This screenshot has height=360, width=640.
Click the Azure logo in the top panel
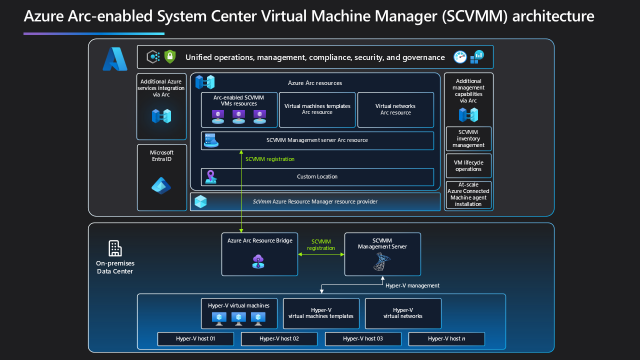[115, 59]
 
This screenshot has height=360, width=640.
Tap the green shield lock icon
[170, 56]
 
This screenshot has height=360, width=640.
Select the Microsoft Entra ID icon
[161, 186]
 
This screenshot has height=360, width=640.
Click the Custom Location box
[317, 177]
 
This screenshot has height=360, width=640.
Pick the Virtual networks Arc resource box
[395, 109]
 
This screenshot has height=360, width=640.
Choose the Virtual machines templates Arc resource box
[317, 109]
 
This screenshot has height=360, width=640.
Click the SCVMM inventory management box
[468, 138]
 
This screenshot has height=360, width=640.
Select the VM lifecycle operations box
[468, 166]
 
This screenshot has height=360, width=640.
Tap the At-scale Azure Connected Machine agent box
[468, 194]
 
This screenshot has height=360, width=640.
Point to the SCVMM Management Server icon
[382, 261]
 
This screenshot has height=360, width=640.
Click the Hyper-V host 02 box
[279, 339]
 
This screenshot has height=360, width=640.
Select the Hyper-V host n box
[446, 339]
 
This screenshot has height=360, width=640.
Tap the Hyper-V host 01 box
[195, 339]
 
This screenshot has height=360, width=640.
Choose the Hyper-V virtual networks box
[403, 313]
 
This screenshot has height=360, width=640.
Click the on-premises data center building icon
[115, 248]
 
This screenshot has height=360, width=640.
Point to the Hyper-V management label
[412, 285]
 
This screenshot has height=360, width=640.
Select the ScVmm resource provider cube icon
[200, 201]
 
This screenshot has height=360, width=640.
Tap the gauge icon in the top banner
[460, 57]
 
